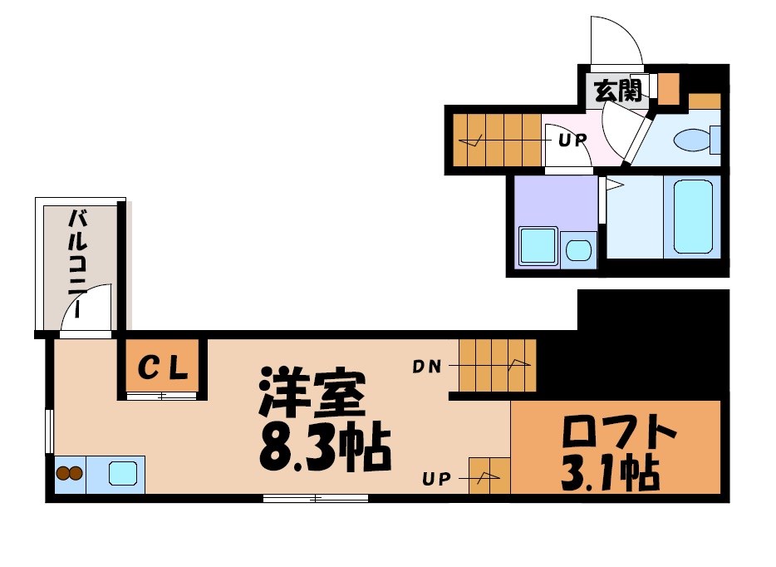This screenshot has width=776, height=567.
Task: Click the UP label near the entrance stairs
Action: coord(572,140)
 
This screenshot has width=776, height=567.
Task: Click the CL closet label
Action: coord(162,367)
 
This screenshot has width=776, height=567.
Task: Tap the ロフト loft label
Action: coord(618,432)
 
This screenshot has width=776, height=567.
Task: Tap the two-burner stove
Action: coord(69,474)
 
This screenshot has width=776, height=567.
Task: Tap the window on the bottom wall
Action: coord(315,498)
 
